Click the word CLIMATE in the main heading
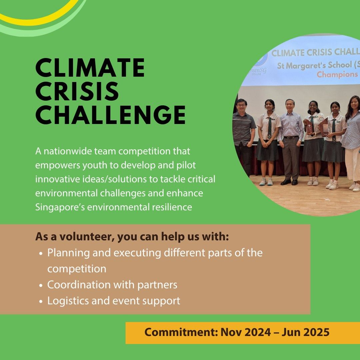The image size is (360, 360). click(x=90, y=68)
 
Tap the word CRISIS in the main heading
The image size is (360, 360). click(x=77, y=91)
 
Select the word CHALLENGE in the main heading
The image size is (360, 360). click(x=110, y=115)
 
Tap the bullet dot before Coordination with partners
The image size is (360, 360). click(x=41, y=285)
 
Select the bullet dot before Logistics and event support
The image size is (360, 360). click(x=41, y=301)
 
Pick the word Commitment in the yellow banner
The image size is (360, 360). click(x=181, y=332)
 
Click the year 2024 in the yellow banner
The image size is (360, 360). click(x=257, y=332)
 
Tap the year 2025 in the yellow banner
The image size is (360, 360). click(x=316, y=332)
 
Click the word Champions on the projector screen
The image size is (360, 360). click(x=337, y=74)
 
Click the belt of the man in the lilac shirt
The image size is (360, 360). click(x=291, y=137)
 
